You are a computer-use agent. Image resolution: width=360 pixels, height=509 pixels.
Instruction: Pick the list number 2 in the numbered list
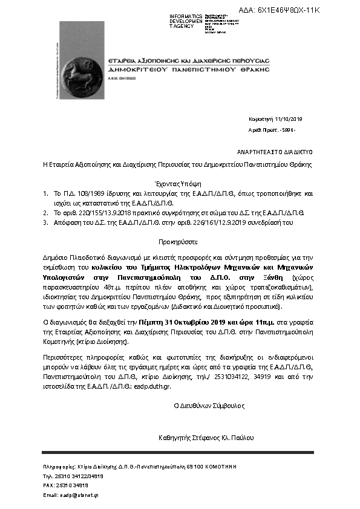[45, 213]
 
